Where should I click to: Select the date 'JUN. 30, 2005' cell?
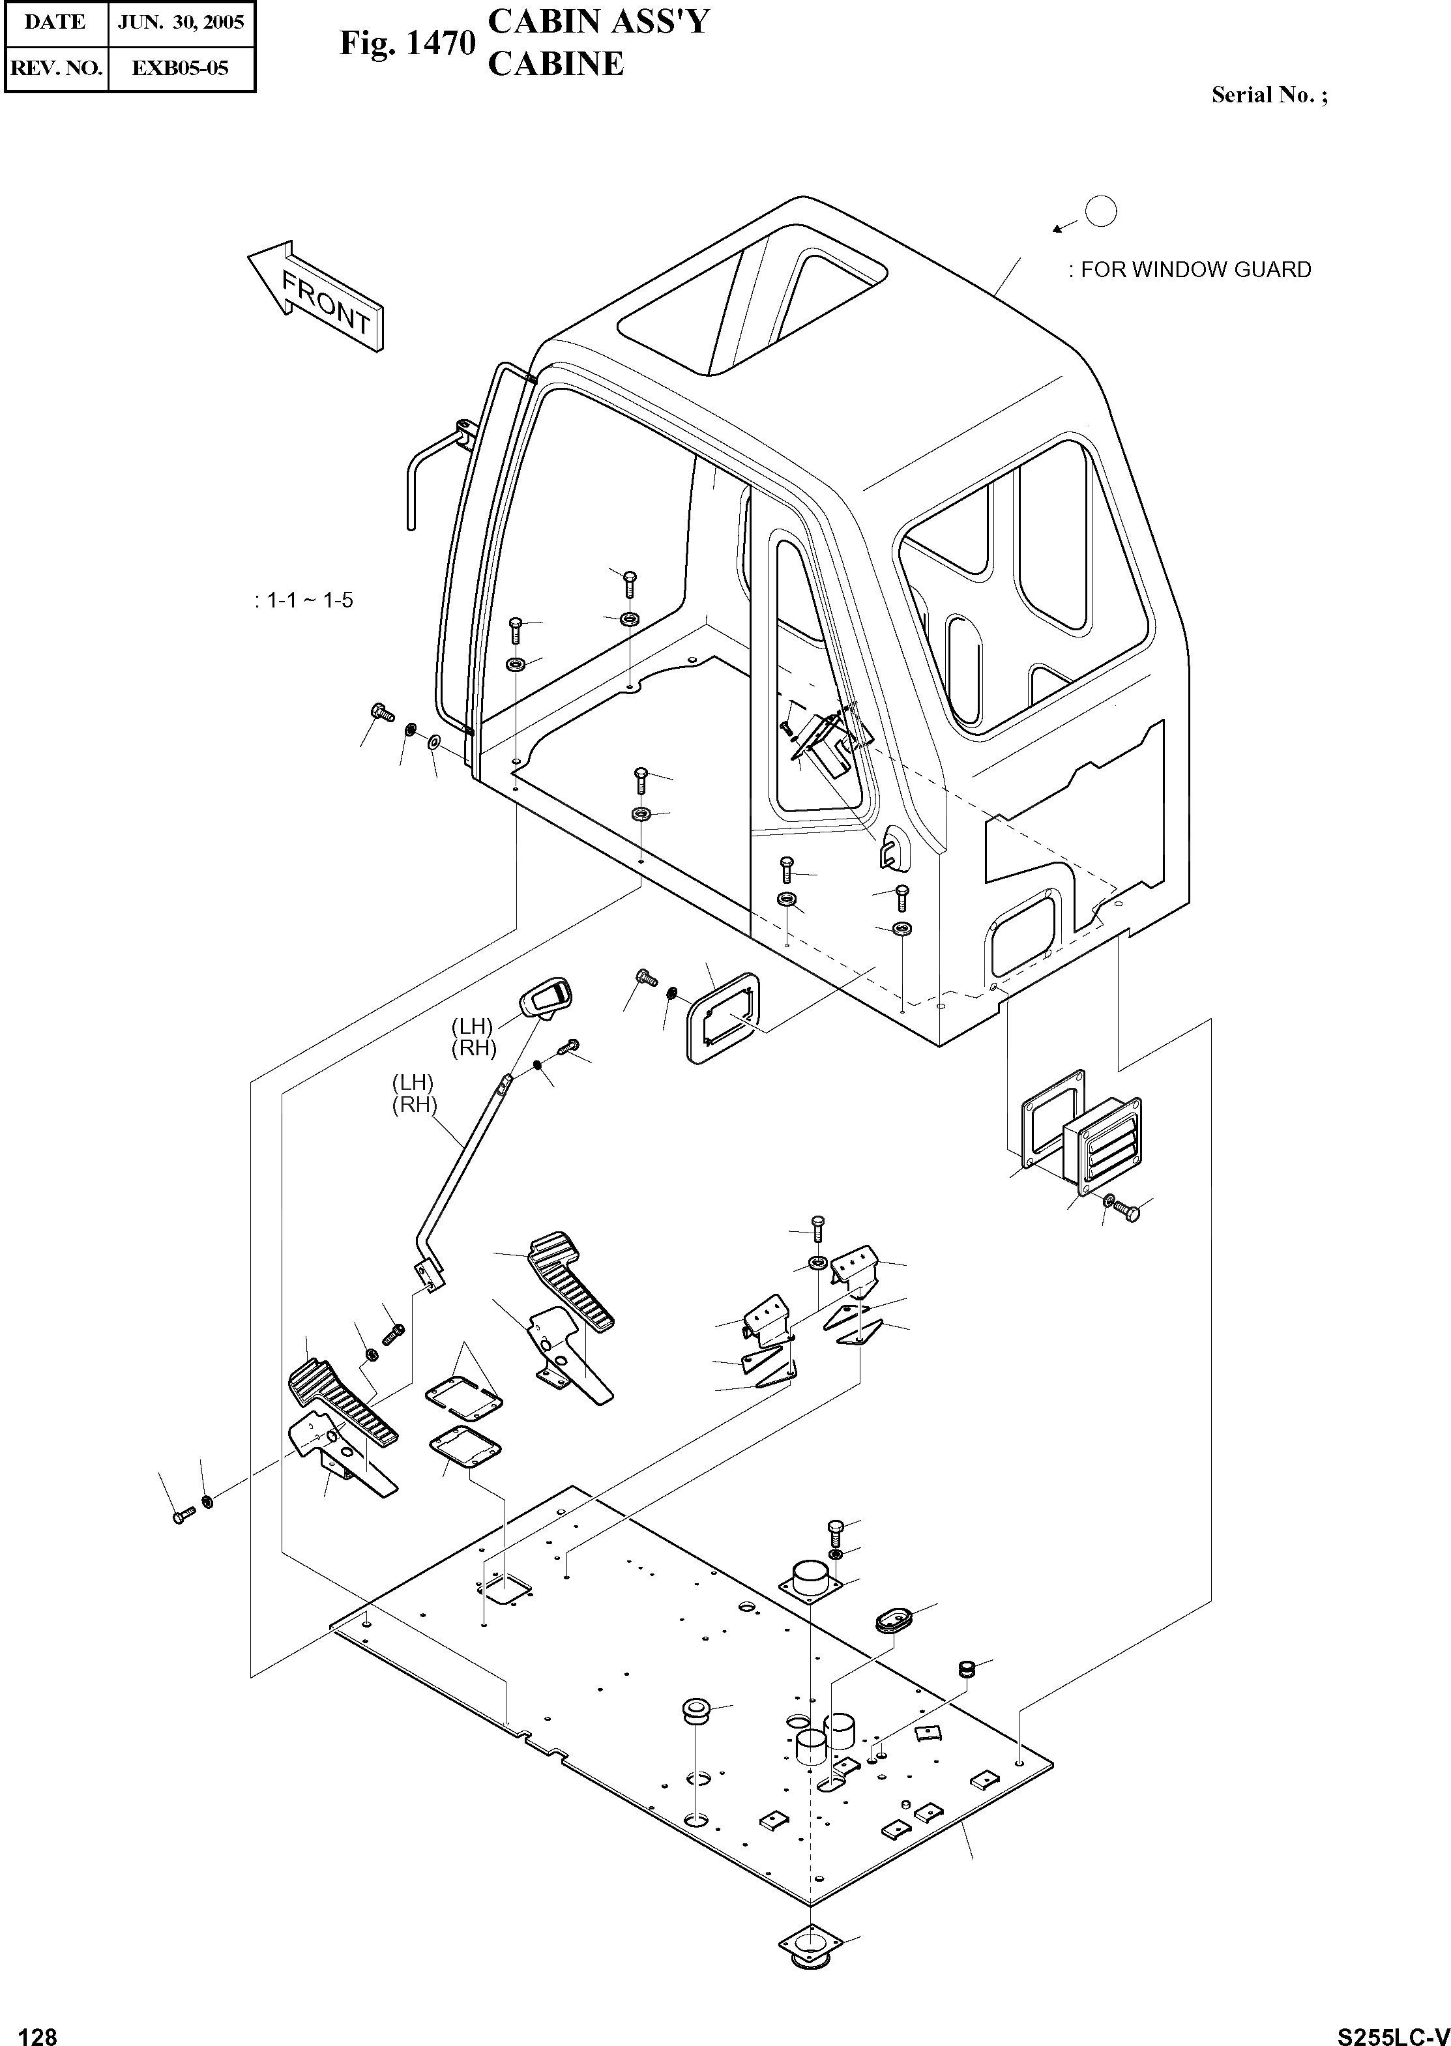(x=181, y=22)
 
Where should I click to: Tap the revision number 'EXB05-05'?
(x=181, y=67)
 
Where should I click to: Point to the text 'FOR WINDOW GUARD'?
(x=1195, y=270)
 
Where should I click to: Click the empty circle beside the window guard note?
(x=1101, y=212)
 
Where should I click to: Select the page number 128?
(x=38, y=2030)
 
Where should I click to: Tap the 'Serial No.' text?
(x=1268, y=96)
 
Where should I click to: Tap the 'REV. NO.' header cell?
(x=55, y=67)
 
